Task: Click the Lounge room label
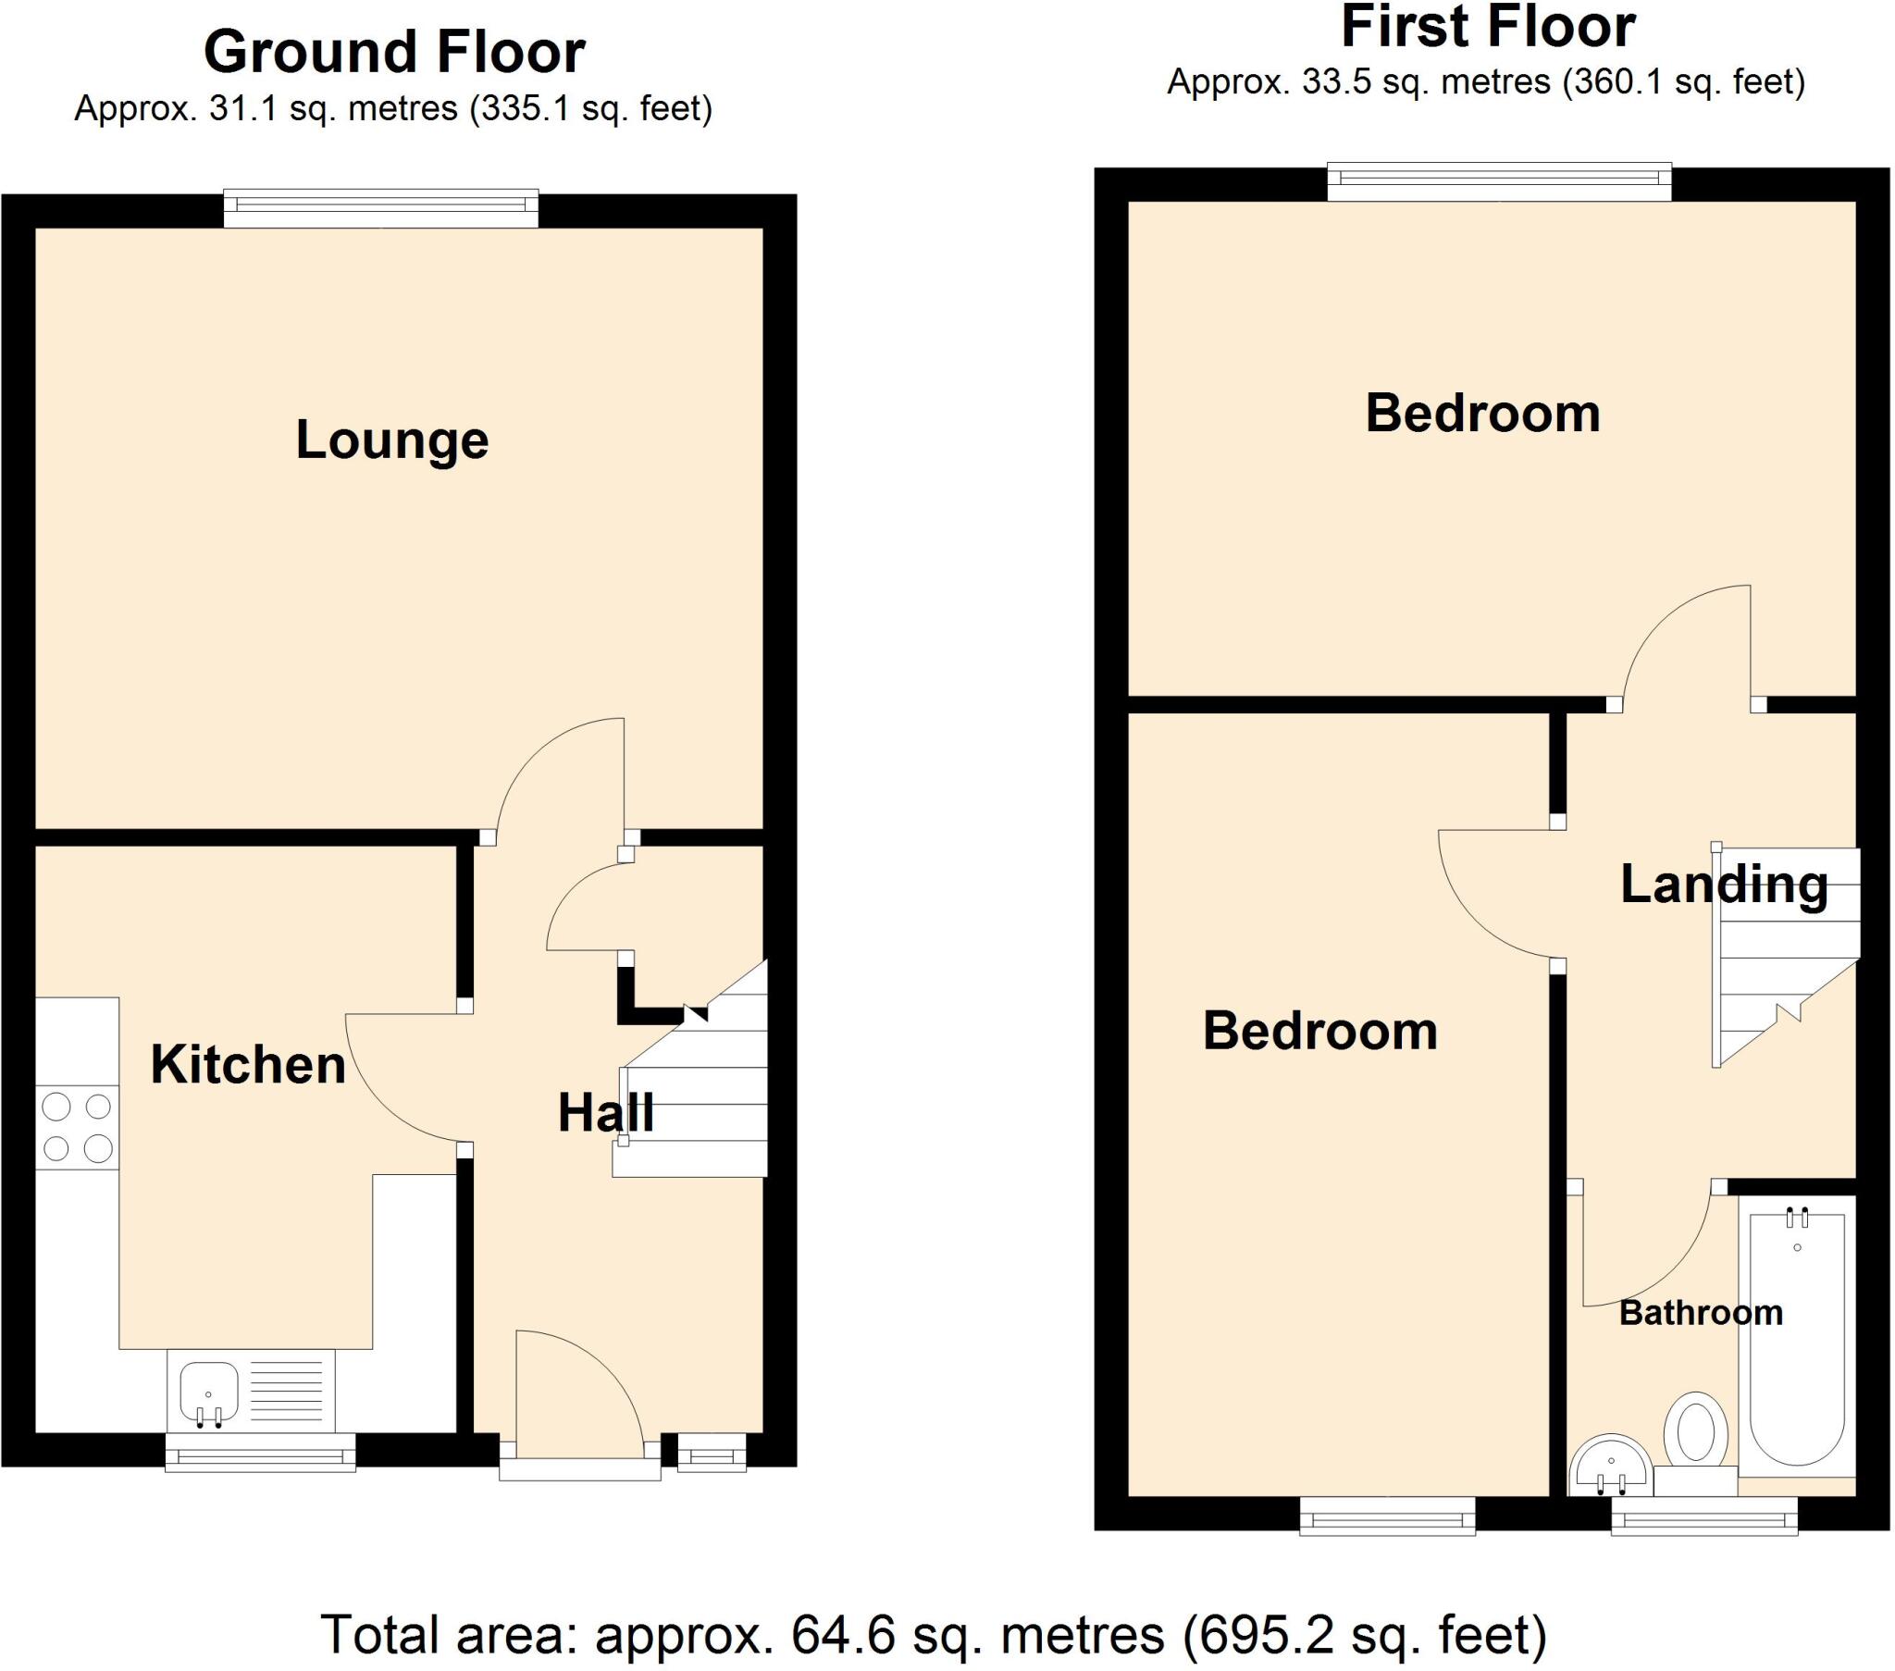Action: click(x=391, y=440)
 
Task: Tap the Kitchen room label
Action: click(x=248, y=1065)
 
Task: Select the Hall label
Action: click(x=605, y=1113)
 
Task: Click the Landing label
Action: click(x=1724, y=885)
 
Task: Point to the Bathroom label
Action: click(x=1701, y=1313)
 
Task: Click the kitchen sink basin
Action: click(x=208, y=1392)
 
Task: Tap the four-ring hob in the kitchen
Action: click(x=77, y=1128)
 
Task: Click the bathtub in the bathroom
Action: click(x=1796, y=1336)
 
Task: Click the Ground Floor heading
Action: click(x=394, y=53)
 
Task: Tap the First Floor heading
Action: click(x=1487, y=27)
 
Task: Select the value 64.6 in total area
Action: click(x=843, y=1634)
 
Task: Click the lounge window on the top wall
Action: click(x=381, y=208)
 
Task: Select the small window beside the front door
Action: click(x=712, y=1452)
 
